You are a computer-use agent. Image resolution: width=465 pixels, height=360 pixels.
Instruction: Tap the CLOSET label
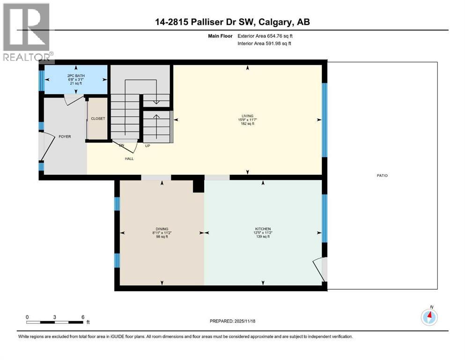[x=98, y=119]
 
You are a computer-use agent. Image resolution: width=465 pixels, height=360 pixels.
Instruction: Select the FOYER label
[x=65, y=137]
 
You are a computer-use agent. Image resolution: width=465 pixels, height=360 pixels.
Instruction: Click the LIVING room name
[x=247, y=116]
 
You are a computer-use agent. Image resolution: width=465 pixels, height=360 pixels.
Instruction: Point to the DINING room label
[x=162, y=229]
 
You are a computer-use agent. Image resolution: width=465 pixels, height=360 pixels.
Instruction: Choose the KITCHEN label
[x=264, y=229]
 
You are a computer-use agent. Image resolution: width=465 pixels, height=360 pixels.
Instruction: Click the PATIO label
[x=382, y=176]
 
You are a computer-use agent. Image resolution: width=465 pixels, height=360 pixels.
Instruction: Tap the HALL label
[x=129, y=159]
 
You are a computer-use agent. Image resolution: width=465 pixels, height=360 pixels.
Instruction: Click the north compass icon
[x=429, y=317]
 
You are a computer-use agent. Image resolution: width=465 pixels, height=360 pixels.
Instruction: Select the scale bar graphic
[x=55, y=322]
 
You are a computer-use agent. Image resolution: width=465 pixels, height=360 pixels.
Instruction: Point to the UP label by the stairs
[x=147, y=146]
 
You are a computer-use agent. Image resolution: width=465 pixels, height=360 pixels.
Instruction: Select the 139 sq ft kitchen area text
[x=264, y=237]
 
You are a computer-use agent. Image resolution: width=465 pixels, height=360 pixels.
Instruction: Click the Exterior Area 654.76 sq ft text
[x=267, y=36]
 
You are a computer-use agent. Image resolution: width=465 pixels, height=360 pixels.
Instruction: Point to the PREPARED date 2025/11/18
[x=232, y=321]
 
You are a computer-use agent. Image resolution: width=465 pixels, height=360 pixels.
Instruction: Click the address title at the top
[x=232, y=22]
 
